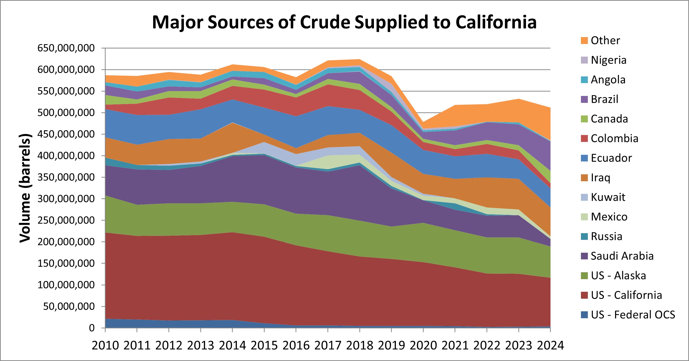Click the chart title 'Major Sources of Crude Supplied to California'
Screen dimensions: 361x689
click(x=344, y=22)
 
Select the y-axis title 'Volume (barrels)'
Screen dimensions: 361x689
click(x=25, y=188)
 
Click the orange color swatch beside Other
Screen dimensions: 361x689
click(x=584, y=41)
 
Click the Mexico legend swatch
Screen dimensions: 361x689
click(x=584, y=217)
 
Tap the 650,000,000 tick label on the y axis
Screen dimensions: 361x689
click(x=66, y=48)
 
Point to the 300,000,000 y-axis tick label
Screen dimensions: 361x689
click(x=66, y=199)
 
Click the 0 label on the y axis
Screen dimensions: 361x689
click(x=92, y=328)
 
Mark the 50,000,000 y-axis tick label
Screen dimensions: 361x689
click(x=69, y=306)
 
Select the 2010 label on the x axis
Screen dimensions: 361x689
click(x=105, y=345)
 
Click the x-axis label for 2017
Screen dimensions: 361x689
click(x=328, y=345)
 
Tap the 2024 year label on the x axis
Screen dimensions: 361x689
click(x=550, y=345)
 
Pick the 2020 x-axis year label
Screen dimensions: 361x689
click(x=423, y=345)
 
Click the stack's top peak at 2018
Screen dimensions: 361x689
click(x=360, y=59)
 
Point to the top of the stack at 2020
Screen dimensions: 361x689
click(x=423, y=122)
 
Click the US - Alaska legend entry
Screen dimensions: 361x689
click(x=618, y=275)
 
